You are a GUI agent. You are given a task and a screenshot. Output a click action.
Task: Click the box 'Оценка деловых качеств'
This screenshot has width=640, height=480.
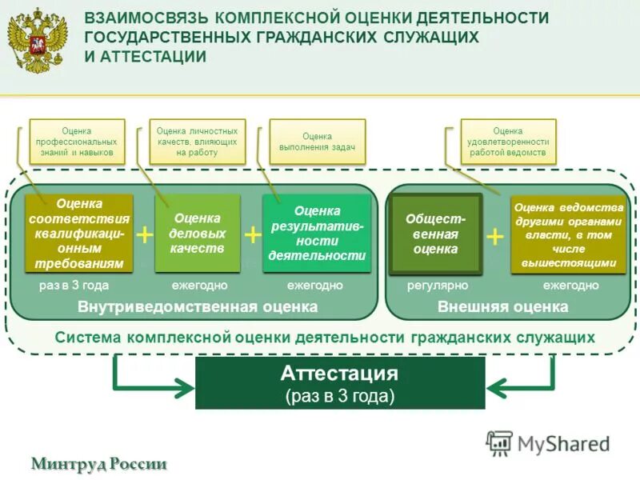click(x=197, y=233)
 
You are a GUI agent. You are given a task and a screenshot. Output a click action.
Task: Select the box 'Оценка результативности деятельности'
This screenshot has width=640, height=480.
click(x=317, y=234)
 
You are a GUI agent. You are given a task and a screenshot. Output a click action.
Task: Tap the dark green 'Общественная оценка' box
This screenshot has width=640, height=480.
click(x=435, y=234)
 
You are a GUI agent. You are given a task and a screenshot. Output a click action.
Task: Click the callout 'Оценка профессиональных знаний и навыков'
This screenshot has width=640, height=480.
click(x=77, y=142)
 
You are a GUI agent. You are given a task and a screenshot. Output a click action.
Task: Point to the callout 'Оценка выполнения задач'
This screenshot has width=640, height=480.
click(x=317, y=142)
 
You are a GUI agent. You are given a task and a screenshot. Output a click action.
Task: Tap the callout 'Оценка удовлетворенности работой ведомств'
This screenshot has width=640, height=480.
click(x=508, y=142)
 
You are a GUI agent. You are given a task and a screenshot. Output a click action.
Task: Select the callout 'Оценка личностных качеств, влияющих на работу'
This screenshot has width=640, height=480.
click(x=197, y=142)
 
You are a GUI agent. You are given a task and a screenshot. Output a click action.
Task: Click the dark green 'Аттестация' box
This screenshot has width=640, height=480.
click(x=340, y=383)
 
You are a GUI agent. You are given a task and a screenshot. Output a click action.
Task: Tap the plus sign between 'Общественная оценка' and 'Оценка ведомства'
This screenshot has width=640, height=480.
click(x=496, y=237)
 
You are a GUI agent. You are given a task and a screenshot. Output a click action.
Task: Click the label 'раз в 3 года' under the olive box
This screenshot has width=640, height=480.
click(x=74, y=286)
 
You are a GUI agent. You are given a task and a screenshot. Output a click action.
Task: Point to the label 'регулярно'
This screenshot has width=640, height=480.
click(x=437, y=286)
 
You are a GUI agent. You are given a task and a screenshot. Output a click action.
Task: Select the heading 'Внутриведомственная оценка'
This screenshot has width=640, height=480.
click(x=198, y=307)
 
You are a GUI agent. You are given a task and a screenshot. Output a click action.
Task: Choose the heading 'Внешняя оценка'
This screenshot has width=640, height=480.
click(x=503, y=307)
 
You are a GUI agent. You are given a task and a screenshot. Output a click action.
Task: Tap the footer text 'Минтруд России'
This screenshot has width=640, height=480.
click(x=99, y=464)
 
